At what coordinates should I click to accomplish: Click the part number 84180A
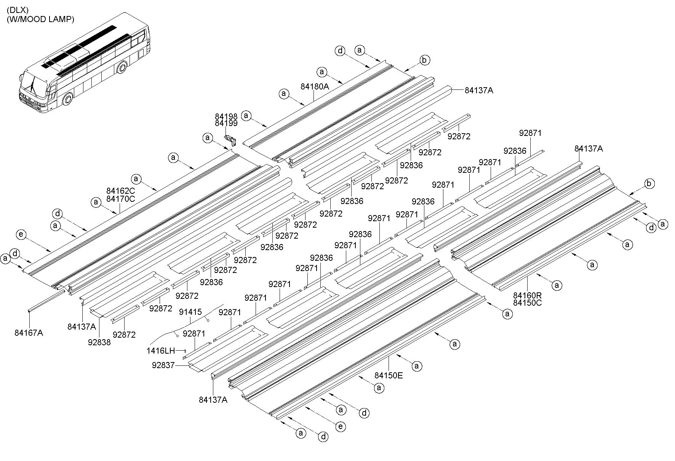315,86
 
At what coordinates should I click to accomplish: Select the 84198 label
226,116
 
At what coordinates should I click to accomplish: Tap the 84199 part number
226,123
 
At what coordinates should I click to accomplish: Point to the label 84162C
121,191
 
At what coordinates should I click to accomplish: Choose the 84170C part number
121,199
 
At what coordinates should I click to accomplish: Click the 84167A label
29,333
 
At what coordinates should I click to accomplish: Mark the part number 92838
99,342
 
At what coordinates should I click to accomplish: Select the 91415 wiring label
190,312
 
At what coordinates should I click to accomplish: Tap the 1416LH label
161,350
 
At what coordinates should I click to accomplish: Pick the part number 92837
163,365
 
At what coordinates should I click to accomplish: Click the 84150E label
389,376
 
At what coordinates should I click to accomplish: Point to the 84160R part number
527,295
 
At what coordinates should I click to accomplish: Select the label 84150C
527,303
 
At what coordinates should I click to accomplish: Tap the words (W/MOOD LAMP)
40,19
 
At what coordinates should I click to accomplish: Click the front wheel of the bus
67,99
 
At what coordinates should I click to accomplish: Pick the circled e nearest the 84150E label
341,426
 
